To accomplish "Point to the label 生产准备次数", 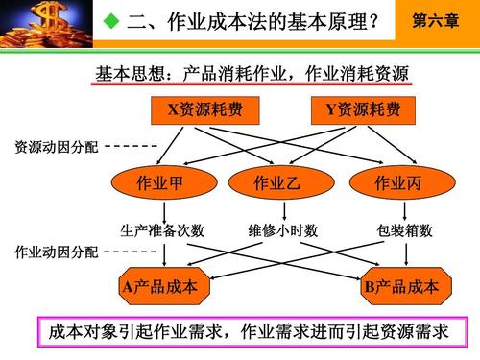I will pos(162,230).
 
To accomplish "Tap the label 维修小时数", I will pos(283,230).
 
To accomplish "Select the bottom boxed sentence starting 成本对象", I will pos(249,332).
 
